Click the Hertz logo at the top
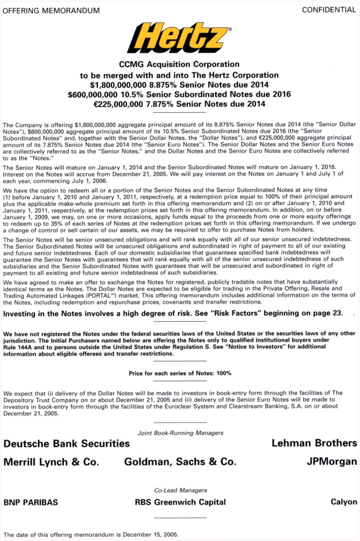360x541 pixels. (179, 38)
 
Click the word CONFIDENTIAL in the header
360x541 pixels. (329, 10)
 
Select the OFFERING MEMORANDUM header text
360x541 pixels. (51, 11)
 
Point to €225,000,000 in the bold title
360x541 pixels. (118, 104)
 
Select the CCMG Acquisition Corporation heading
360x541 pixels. (179, 64)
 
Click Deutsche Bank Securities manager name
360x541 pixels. (67, 444)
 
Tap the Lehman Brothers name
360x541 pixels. (314, 443)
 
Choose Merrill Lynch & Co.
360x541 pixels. (51, 462)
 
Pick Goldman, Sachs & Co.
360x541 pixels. (180, 462)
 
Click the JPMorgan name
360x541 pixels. (332, 462)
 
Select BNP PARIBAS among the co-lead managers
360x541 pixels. (31, 502)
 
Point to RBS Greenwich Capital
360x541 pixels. (180, 502)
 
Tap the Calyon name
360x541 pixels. (343, 502)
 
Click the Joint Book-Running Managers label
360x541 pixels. (180, 433)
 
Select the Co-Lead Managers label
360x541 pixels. (180, 490)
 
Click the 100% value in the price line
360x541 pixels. (224, 373)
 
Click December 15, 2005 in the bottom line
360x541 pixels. (150, 535)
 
